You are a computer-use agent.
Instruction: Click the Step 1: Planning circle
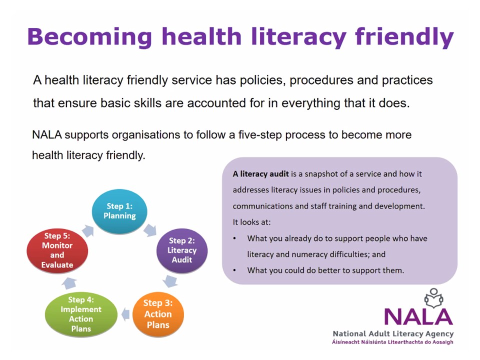(119, 211)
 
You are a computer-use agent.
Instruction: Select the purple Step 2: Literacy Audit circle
(181, 250)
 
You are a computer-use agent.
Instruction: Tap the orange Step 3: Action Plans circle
(157, 314)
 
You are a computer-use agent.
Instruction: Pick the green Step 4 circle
(80, 314)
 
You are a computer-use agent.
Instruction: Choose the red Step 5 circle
(57, 250)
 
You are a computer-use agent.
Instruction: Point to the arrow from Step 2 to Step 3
(170, 281)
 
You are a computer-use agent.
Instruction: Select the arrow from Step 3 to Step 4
(124, 314)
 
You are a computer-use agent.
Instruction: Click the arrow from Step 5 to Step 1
(87, 230)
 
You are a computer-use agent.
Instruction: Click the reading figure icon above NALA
(433, 298)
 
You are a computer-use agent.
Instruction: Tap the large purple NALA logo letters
(418, 316)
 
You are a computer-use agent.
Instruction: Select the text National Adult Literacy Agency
(393, 333)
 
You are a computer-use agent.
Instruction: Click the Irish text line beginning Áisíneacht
(393, 342)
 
